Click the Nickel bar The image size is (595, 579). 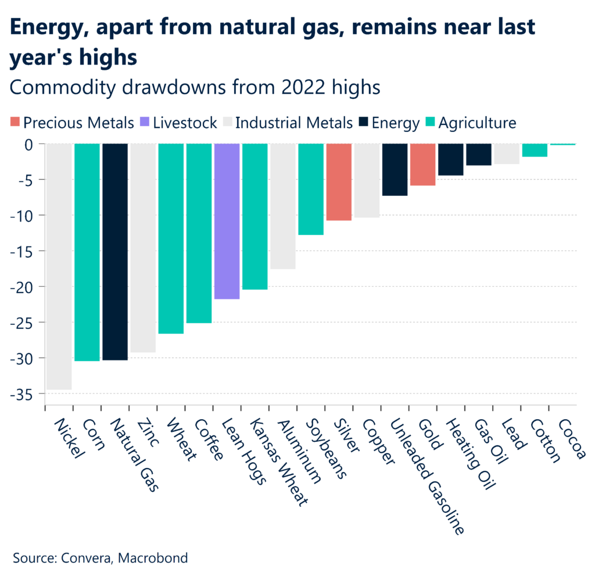tap(59, 266)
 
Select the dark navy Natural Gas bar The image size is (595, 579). tap(115, 252)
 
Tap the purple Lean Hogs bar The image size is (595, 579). tap(227, 221)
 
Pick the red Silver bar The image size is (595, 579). tap(339, 182)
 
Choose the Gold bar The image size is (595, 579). tap(422, 165)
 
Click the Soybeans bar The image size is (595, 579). tap(311, 189)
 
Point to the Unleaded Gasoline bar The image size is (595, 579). tap(395, 169)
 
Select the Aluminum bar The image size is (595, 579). tap(283, 206)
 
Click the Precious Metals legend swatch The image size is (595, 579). tap(14, 123)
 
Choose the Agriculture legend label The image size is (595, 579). tap(477, 123)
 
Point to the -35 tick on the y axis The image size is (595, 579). tap(26, 394)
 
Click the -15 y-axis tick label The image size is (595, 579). tap(26, 251)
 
